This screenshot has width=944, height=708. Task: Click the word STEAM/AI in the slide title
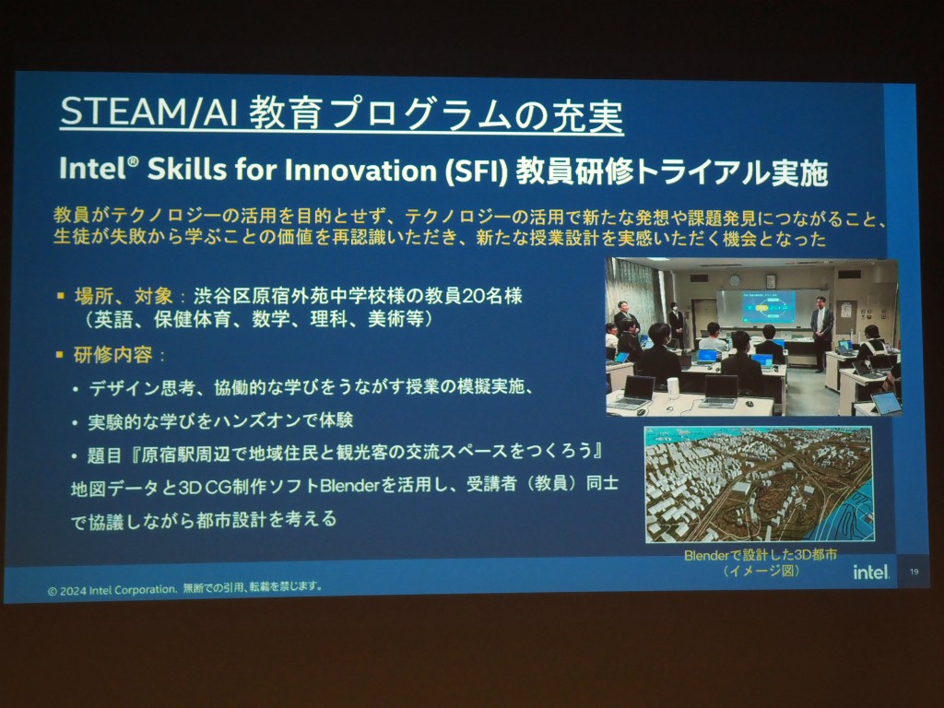click(x=148, y=112)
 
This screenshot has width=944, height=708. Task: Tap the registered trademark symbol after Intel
click(x=133, y=162)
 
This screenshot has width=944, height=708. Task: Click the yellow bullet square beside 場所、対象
click(x=60, y=296)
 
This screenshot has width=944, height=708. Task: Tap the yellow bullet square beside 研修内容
click(x=60, y=354)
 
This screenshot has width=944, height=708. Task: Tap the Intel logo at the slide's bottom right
click(x=870, y=572)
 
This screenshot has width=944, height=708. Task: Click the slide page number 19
click(x=914, y=572)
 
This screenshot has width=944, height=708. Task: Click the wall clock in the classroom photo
click(x=735, y=280)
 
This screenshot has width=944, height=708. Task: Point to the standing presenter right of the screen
click(x=821, y=331)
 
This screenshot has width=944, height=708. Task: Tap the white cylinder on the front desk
click(x=673, y=388)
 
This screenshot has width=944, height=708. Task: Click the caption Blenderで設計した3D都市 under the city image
click(x=761, y=554)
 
